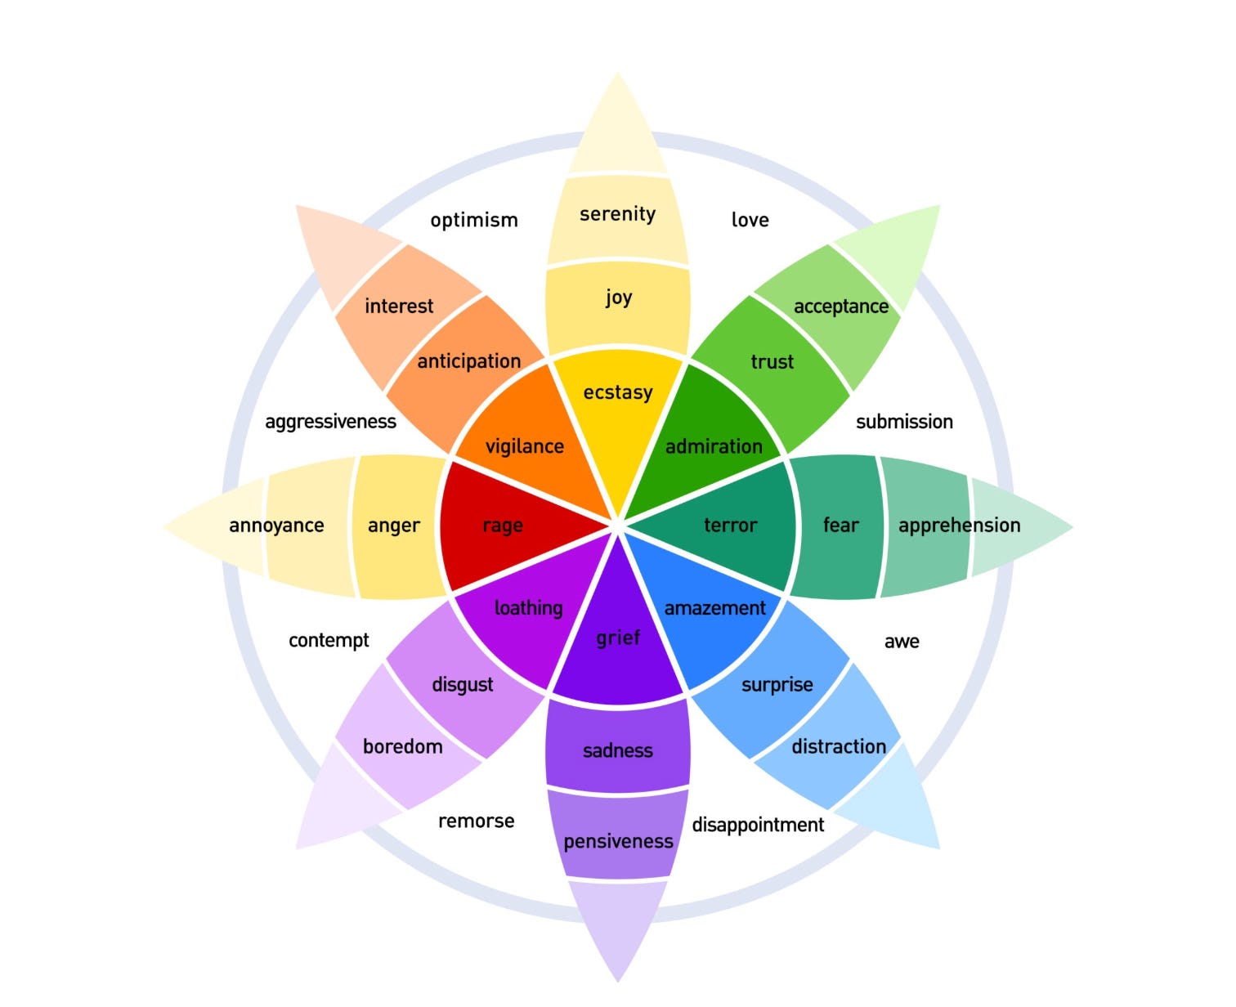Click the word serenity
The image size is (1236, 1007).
pyautogui.click(x=617, y=214)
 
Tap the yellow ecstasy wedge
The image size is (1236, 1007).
pyautogui.click(x=618, y=409)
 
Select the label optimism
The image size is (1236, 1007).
pyautogui.click(x=474, y=220)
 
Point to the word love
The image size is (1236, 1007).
pyautogui.click(x=750, y=220)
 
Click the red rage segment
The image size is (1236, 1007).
pyautogui.click(x=507, y=525)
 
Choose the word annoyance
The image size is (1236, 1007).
pyautogui.click(x=276, y=526)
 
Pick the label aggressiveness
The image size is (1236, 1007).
pyautogui.click(x=330, y=422)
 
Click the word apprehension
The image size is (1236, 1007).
pyautogui.click(x=959, y=526)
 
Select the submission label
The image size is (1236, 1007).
pyautogui.click(x=904, y=422)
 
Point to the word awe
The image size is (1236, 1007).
pyautogui.click(x=902, y=642)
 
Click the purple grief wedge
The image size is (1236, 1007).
pyautogui.click(x=618, y=646)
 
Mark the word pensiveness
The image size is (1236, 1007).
pyautogui.click(x=618, y=841)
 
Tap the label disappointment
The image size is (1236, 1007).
pyautogui.click(x=758, y=825)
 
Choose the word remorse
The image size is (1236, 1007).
pyautogui.click(x=476, y=821)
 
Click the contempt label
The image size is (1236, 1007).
pyautogui.click(x=329, y=640)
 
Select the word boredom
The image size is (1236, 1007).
pyautogui.click(x=402, y=746)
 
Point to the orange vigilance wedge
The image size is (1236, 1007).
pyautogui.click(x=523, y=433)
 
